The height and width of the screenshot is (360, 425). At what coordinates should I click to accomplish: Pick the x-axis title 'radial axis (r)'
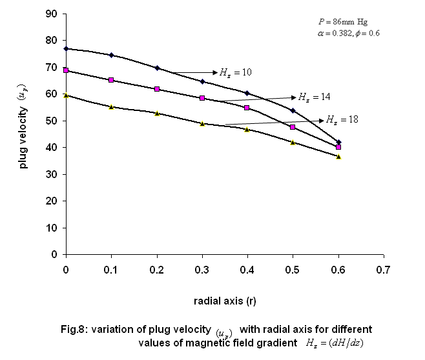tap(224, 301)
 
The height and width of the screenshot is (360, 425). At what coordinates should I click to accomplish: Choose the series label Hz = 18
tap(342, 120)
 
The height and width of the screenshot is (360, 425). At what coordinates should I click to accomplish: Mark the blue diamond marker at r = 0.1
tap(111, 55)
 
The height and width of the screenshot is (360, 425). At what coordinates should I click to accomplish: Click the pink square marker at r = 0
tap(66, 70)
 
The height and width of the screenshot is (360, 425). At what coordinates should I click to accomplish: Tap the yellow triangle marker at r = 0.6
tap(338, 157)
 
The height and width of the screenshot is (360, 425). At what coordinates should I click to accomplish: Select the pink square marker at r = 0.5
tap(293, 127)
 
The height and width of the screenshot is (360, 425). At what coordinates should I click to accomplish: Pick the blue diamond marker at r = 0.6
tap(338, 142)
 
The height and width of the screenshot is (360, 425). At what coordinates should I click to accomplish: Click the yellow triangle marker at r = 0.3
tap(202, 123)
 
